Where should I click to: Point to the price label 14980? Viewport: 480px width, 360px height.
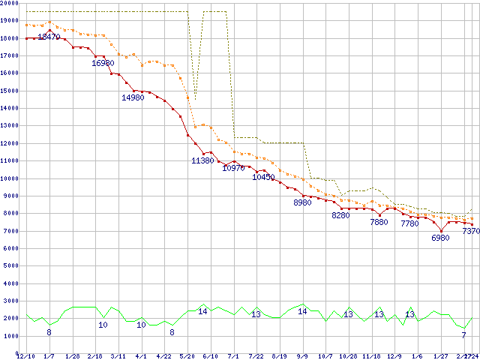[133, 98]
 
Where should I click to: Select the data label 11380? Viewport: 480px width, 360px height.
[202, 160]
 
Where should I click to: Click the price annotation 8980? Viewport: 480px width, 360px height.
[302, 203]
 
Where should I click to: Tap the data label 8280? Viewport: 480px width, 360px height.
[340, 216]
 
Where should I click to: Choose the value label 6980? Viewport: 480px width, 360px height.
[440, 238]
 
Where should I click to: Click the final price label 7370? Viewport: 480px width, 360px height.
[471, 232]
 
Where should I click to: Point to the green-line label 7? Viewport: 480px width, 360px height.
[463, 335]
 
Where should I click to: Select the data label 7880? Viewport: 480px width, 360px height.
[379, 223]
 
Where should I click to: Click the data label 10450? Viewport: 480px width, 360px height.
[262, 178]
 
